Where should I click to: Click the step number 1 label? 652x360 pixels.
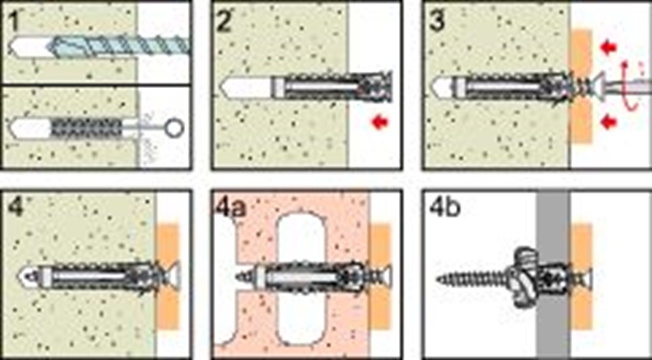(x=14, y=22)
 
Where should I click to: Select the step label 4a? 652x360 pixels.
(x=231, y=207)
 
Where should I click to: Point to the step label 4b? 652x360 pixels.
(x=445, y=207)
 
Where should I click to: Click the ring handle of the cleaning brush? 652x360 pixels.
(x=174, y=128)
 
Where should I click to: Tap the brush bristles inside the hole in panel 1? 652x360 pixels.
(x=87, y=128)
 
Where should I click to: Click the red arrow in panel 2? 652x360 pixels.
(x=379, y=122)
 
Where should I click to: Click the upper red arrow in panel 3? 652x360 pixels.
(x=608, y=48)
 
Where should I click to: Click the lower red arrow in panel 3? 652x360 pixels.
(x=608, y=122)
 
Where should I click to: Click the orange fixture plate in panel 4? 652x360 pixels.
(x=168, y=277)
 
